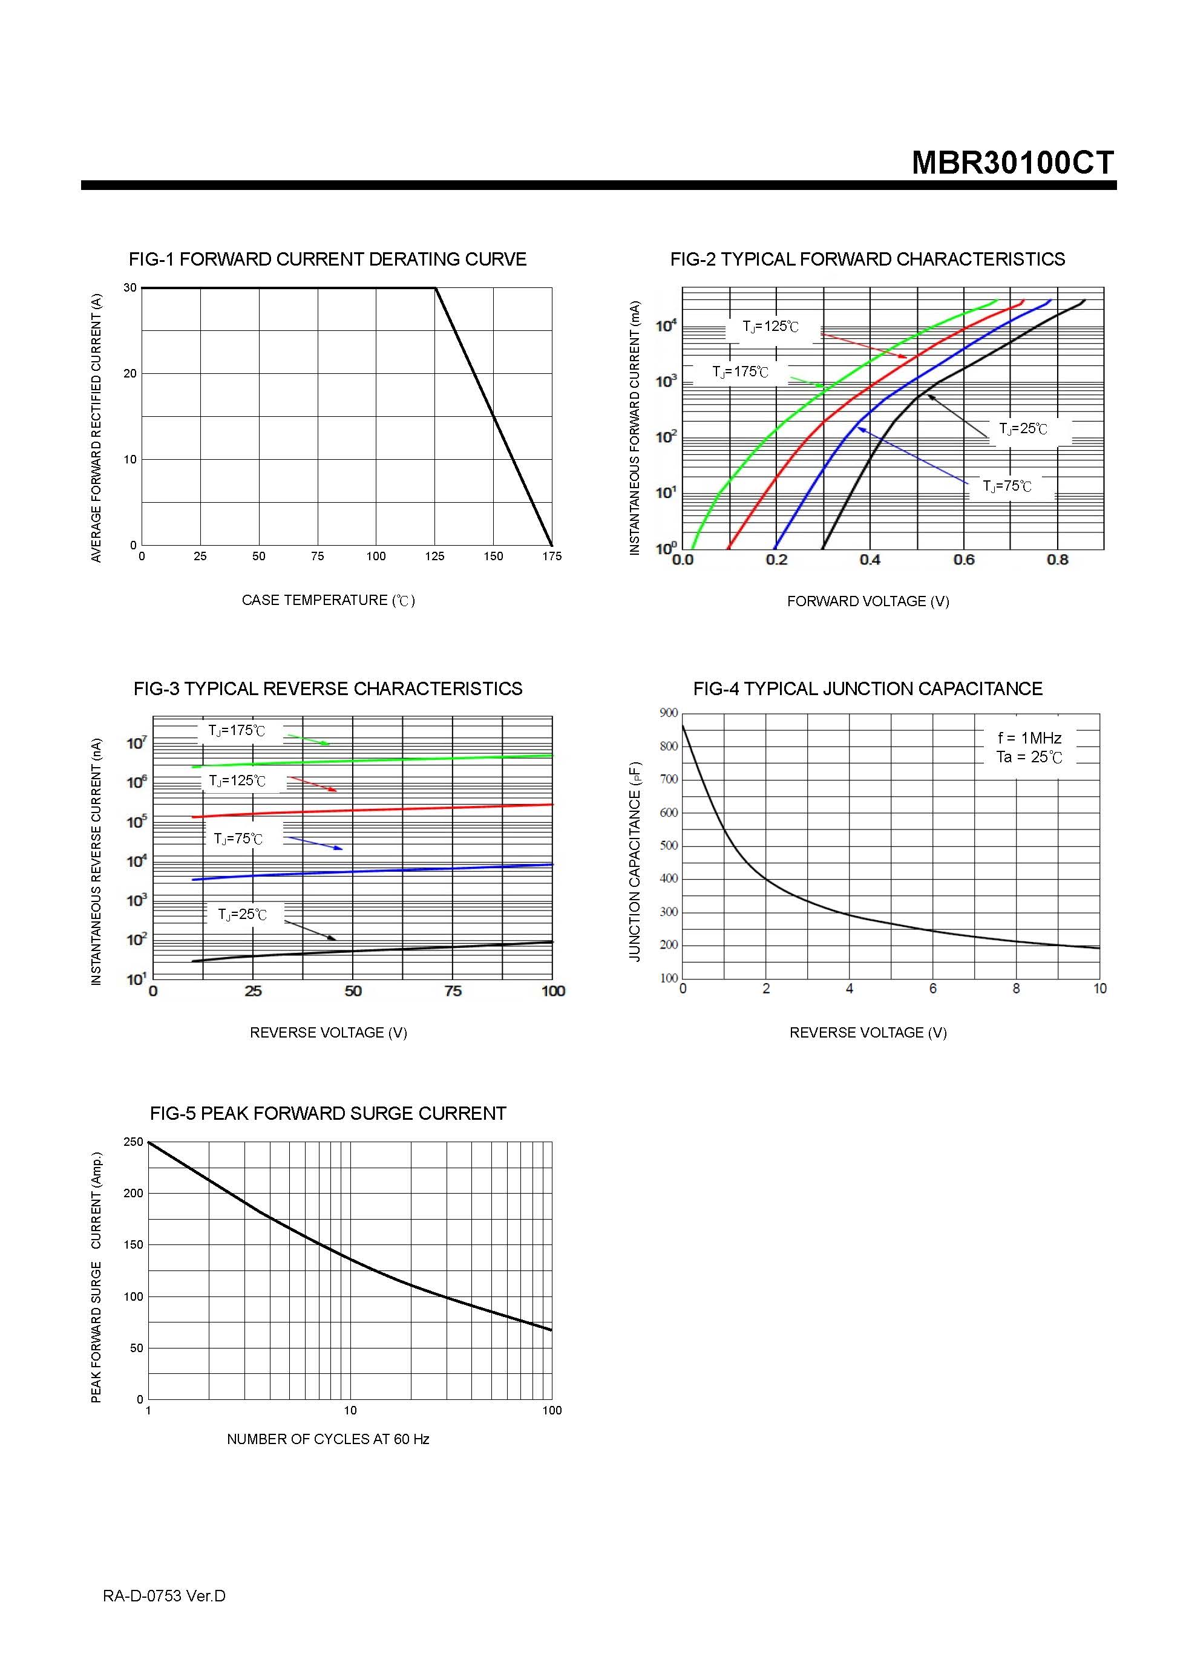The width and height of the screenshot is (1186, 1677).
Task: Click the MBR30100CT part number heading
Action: (x=1012, y=162)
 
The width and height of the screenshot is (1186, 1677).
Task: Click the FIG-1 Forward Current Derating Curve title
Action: (x=327, y=260)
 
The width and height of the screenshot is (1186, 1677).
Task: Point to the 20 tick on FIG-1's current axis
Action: (x=130, y=373)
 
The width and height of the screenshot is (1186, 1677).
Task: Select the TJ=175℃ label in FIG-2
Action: (x=740, y=372)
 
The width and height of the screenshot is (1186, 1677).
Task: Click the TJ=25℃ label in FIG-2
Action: (x=1023, y=429)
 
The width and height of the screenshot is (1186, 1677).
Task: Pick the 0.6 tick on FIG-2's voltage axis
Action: (x=963, y=560)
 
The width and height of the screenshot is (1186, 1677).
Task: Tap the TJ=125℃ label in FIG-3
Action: (x=237, y=781)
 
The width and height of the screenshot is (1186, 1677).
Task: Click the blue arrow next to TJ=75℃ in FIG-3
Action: (x=313, y=843)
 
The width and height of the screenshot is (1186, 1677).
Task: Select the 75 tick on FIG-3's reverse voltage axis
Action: (x=453, y=991)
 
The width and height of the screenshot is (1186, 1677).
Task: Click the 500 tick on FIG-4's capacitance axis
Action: (x=669, y=846)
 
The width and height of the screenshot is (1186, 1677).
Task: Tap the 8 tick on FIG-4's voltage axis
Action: (x=1016, y=989)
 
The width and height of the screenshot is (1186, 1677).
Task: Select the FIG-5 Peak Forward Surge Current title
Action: (x=327, y=1113)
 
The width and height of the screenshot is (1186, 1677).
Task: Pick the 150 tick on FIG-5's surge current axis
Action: (x=134, y=1244)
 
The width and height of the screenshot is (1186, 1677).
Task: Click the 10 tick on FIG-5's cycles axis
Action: (x=350, y=1410)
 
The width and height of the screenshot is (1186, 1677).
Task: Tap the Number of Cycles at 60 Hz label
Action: (x=327, y=1439)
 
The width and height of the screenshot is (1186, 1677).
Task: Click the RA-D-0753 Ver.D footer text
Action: (x=164, y=1596)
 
